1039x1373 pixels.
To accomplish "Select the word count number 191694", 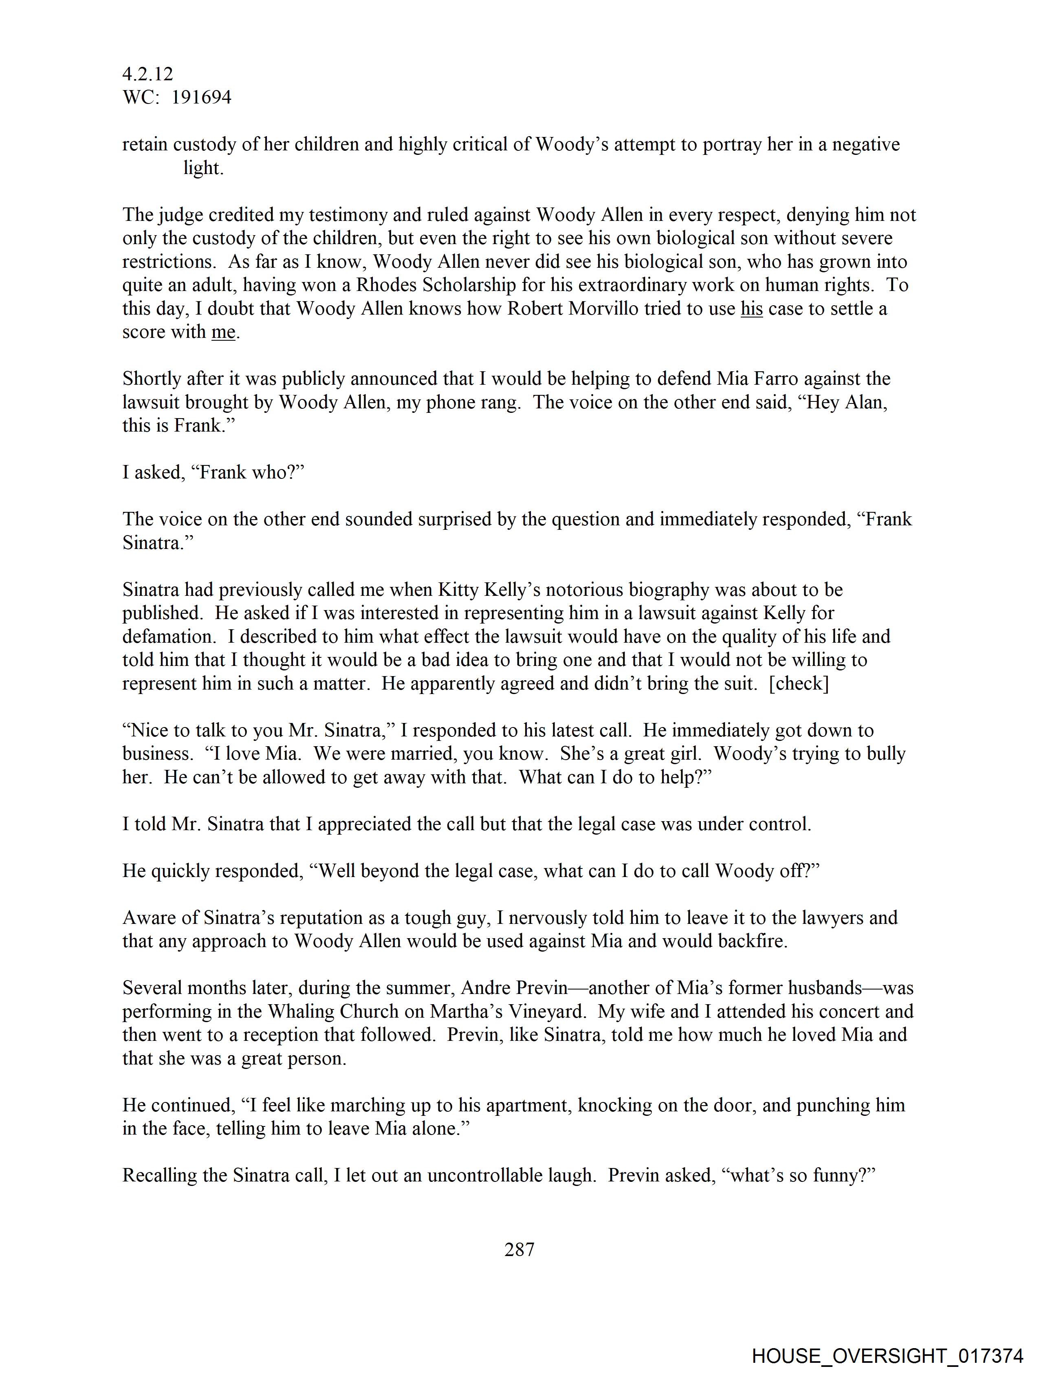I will coord(201,97).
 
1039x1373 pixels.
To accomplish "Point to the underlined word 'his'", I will coord(752,309).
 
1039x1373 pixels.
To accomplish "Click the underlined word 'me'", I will coord(223,332).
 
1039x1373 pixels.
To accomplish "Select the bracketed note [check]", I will coord(799,683).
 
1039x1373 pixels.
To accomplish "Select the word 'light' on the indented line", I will coord(203,168).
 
